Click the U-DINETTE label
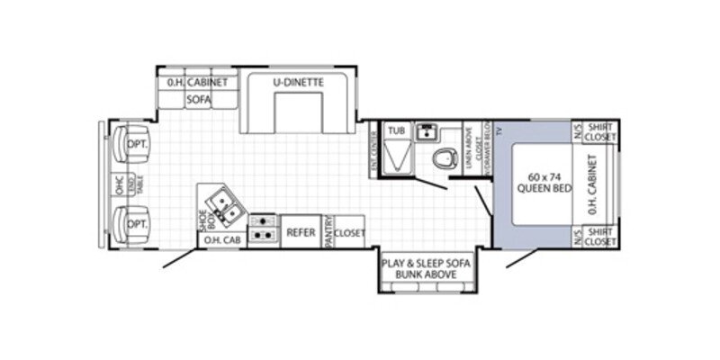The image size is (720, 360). coord(298,83)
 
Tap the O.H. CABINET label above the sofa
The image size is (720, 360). coord(199,83)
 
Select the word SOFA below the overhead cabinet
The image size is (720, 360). coord(198,100)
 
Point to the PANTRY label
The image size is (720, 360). coord(329,232)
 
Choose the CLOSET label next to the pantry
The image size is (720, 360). coord(350,232)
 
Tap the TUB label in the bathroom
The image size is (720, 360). coord(396,130)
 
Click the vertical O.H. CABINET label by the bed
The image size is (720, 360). coord(592,184)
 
